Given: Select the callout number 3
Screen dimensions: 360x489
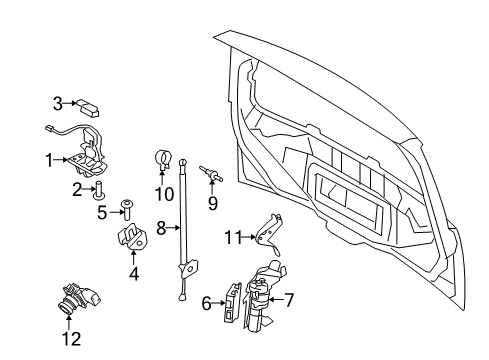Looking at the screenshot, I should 58,101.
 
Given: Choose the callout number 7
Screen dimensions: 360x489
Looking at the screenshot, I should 290,300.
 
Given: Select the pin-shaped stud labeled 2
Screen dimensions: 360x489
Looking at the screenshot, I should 100,190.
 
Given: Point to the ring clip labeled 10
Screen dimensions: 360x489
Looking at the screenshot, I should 164,158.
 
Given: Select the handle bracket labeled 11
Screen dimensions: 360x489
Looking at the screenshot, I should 265,235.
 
